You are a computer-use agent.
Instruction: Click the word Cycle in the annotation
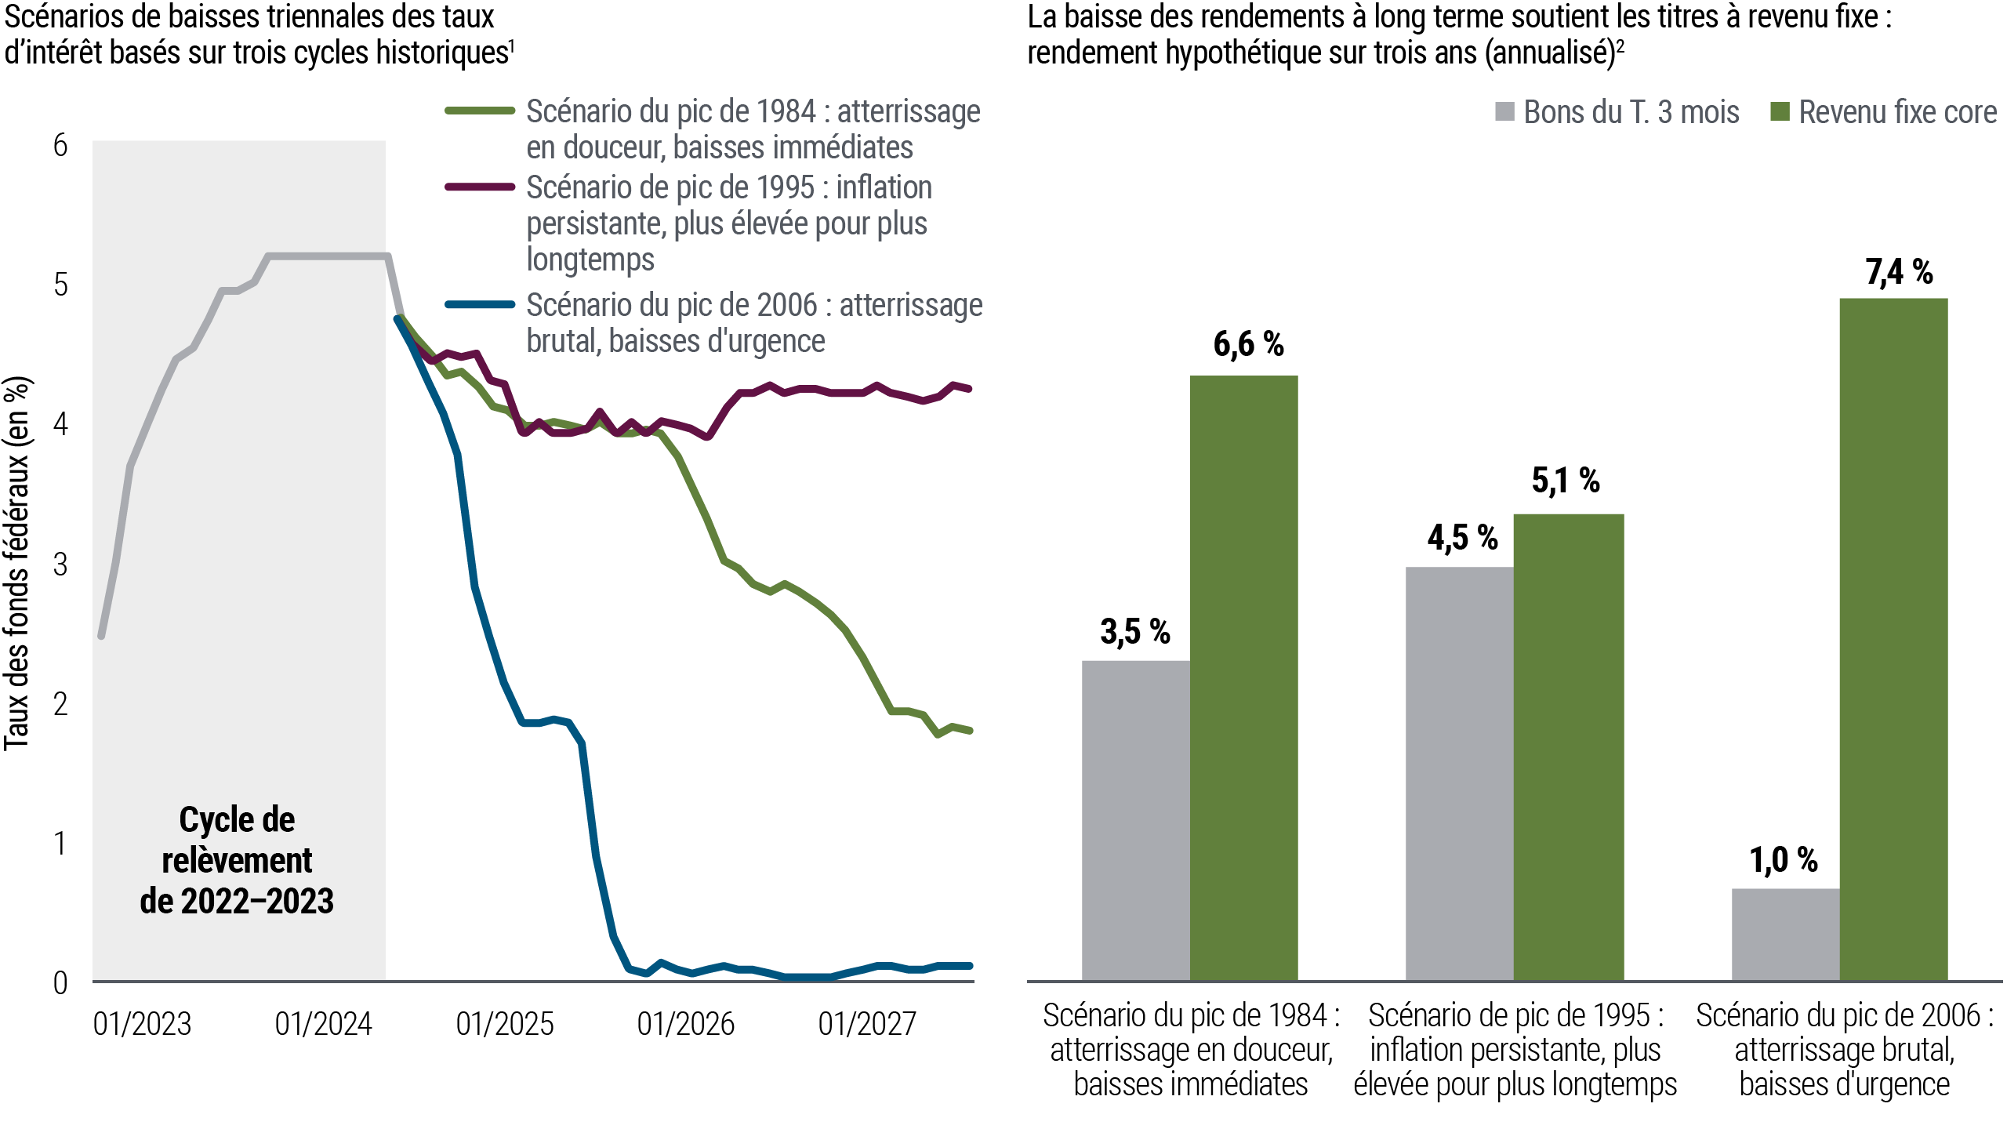tap(207, 820)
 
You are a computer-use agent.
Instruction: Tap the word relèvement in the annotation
tap(237, 861)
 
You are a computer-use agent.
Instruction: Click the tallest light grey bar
tap(1459, 772)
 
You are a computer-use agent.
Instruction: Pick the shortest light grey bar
tap(1785, 933)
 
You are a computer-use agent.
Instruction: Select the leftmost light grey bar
tap(1135, 819)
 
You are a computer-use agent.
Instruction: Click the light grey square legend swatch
tap(1510, 111)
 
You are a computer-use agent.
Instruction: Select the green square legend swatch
tap(1785, 111)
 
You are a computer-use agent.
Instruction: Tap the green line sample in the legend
tap(486, 111)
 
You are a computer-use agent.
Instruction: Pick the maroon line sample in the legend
tap(486, 187)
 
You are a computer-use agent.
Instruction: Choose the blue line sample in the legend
tap(486, 303)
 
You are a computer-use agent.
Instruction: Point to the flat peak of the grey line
tap(326, 256)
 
